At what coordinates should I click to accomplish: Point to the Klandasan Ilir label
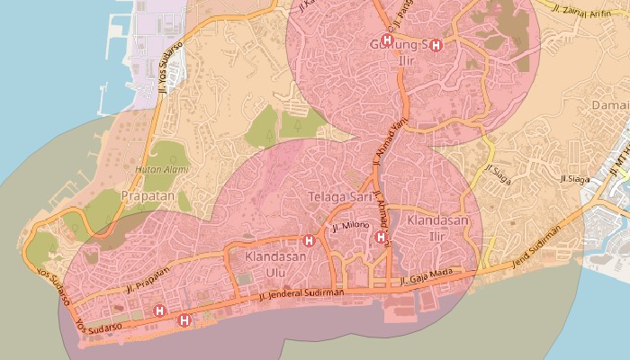(x=437, y=227)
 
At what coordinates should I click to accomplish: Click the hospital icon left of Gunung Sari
(x=387, y=40)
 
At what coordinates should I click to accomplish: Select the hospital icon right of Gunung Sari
(x=436, y=45)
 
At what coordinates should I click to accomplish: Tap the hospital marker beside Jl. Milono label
(x=381, y=237)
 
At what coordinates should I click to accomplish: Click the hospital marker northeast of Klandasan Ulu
(x=310, y=240)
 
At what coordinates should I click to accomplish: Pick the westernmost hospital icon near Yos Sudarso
(x=160, y=310)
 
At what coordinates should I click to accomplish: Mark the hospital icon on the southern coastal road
(x=184, y=319)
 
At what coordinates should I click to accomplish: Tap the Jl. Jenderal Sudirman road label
(x=301, y=292)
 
